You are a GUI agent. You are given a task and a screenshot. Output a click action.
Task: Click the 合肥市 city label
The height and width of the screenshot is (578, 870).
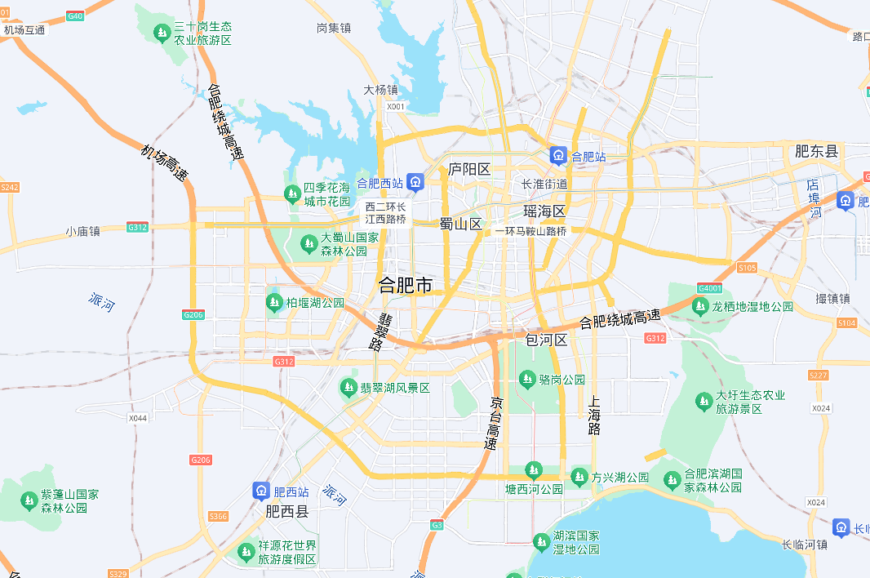click(x=406, y=285)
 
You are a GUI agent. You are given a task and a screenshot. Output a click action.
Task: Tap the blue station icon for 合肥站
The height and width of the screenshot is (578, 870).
click(x=558, y=155)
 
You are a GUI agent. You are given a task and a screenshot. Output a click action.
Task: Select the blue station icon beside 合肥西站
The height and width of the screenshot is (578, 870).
click(x=416, y=181)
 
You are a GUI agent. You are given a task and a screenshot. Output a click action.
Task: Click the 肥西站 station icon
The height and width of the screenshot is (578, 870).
click(x=260, y=491)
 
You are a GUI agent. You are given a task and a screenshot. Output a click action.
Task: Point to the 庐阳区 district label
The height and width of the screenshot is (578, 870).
click(x=469, y=170)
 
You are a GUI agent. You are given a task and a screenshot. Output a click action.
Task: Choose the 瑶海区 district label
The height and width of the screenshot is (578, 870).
click(x=544, y=211)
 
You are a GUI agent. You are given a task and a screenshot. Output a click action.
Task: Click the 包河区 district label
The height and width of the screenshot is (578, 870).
click(x=547, y=340)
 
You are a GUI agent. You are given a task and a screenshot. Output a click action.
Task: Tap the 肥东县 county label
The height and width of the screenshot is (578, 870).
click(x=816, y=151)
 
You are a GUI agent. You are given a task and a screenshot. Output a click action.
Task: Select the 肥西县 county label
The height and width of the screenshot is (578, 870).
click(x=287, y=512)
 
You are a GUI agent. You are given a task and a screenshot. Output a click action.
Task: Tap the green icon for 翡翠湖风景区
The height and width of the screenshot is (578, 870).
click(x=348, y=388)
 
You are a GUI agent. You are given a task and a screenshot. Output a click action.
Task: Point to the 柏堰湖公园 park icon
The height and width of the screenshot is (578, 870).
click(x=274, y=303)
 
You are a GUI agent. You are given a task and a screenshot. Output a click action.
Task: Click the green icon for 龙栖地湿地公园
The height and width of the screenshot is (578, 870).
click(x=700, y=306)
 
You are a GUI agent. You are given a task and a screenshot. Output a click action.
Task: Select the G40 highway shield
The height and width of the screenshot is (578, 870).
click(x=75, y=16)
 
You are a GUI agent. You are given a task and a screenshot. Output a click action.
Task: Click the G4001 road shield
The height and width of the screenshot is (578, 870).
click(x=710, y=287)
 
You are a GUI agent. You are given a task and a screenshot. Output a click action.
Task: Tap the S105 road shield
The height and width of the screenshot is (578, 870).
click(x=746, y=268)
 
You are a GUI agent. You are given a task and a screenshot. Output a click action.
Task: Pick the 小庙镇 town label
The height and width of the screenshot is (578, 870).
click(x=83, y=231)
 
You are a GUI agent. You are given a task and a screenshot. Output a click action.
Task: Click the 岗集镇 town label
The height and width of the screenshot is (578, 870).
click(x=333, y=28)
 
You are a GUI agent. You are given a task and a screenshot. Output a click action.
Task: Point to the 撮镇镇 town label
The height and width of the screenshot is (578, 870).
click(x=832, y=299)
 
